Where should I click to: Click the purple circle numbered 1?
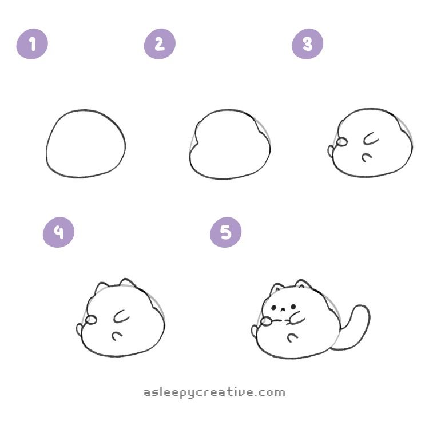click(32, 44)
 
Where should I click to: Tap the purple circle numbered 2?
click(160, 44)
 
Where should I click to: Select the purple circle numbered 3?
click(308, 44)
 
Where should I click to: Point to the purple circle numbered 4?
click(58, 232)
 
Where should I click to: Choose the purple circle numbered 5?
click(226, 232)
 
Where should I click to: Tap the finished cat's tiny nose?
click(283, 309)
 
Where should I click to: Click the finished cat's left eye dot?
click(273, 308)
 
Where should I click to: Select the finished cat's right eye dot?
click(293, 307)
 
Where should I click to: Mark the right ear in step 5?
click(303, 284)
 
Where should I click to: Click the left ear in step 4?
click(101, 287)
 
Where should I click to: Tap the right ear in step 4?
click(127, 283)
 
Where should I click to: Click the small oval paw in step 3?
click(341, 142)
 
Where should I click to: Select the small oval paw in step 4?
click(91, 320)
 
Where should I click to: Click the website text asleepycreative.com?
click(214, 393)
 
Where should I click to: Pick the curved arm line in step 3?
click(370, 140)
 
